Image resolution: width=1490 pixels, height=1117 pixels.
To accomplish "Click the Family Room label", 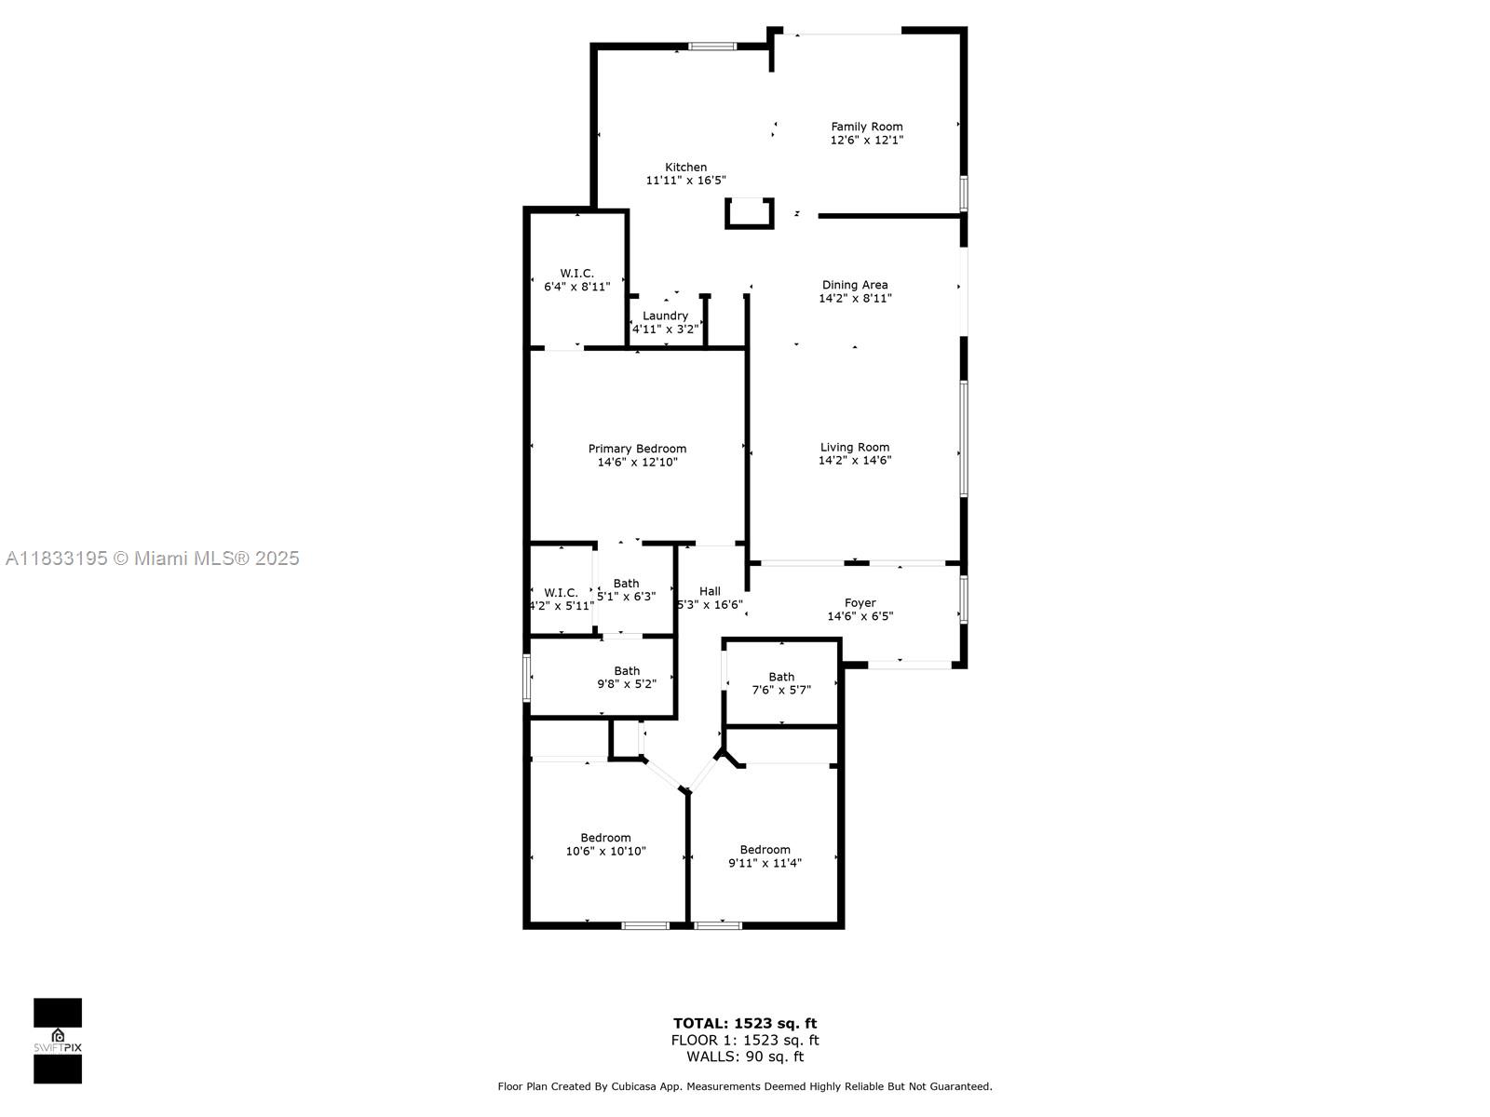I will tap(866, 127).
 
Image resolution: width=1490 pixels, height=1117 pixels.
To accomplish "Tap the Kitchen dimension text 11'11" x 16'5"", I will tap(685, 181).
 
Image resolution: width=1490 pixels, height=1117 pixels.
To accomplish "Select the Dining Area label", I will tap(854, 285).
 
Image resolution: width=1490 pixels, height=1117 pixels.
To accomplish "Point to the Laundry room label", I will tap(665, 316).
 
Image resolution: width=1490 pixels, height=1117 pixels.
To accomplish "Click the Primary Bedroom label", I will tap(637, 449).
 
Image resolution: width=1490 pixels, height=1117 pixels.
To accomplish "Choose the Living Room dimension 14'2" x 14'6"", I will tap(854, 460).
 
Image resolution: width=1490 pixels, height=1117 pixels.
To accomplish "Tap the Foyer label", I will tap(860, 603).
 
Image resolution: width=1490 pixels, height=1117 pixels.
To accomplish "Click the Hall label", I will tap(710, 591).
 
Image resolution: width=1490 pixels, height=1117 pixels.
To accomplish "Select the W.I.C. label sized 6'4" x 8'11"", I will tap(576, 273).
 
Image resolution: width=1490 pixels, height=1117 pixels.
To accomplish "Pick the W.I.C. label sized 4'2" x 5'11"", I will tap(561, 593).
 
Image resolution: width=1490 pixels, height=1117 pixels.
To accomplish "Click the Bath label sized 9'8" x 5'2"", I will tap(627, 670).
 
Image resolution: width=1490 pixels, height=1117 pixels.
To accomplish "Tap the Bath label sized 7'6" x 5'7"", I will tap(781, 677).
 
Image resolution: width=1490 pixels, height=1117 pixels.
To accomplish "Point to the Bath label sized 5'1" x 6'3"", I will tap(626, 584).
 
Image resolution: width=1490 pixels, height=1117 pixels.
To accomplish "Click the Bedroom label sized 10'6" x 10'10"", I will tap(605, 838).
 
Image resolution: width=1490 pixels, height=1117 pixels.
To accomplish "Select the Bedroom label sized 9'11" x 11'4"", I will tap(765, 850).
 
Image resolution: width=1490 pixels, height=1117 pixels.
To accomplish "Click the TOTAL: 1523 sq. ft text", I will tap(744, 1024).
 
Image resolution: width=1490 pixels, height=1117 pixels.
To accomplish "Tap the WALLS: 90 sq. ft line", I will tap(744, 1056).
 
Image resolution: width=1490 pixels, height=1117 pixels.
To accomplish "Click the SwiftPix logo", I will tap(58, 1041).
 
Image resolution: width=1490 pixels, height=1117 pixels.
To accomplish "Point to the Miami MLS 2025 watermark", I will tap(153, 558).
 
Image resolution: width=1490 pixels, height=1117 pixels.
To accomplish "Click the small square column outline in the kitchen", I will tap(749, 213).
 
